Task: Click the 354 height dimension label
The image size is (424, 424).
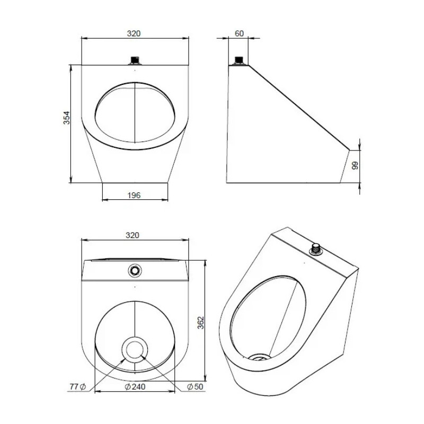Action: pos(67,118)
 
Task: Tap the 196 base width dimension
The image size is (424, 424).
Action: pos(134,195)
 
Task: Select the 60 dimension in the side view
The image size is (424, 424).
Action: pos(239,33)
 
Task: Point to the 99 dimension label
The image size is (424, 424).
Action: pos(355,165)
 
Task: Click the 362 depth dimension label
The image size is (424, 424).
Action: pos(201,323)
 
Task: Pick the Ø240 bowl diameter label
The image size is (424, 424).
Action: pos(135,387)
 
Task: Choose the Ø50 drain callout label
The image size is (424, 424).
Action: pos(195,387)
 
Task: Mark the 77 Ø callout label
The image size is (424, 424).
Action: pos(77,387)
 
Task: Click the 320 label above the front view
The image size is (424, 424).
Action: pos(134,33)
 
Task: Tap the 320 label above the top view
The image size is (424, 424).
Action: pos(132,235)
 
